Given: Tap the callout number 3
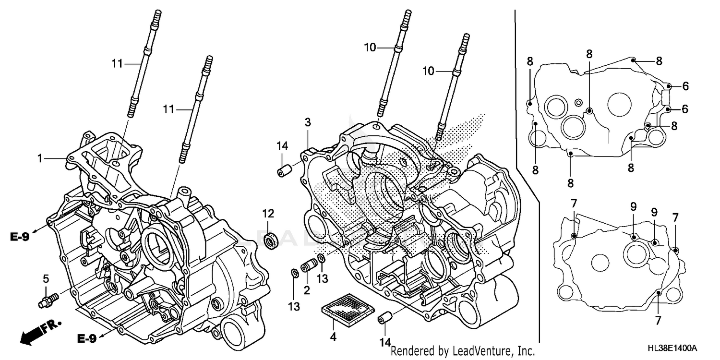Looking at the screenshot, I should click(308, 122).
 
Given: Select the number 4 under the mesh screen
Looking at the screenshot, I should click(333, 337).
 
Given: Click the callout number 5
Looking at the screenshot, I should click(46, 278).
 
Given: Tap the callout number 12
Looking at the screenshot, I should click(268, 213).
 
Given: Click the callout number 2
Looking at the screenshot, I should click(306, 290).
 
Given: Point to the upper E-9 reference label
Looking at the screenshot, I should click(20, 237).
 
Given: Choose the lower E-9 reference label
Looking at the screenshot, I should click(87, 339).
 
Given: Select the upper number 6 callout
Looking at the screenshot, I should click(685, 86).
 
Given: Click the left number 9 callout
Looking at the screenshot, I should click(633, 207).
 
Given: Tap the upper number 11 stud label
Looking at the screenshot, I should click(118, 63).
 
